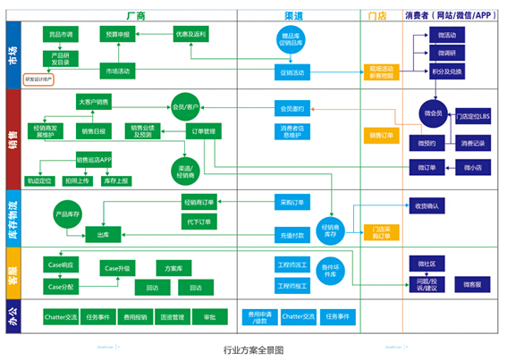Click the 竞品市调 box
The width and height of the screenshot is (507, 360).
(x=61, y=34)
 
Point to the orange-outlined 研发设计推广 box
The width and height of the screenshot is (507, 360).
(x=39, y=80)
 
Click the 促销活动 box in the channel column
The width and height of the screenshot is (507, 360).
(x=292, y=71)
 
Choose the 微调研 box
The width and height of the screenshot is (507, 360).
(x=447, y=53)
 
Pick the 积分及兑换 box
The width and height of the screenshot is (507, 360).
(x=447, y=71)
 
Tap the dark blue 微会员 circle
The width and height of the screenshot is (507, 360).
(x=433, y=113)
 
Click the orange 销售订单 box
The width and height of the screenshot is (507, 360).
(x=381, y=135)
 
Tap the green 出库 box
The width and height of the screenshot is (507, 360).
(x=103, y=234)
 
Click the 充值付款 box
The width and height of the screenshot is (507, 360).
(x=292, y=235)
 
